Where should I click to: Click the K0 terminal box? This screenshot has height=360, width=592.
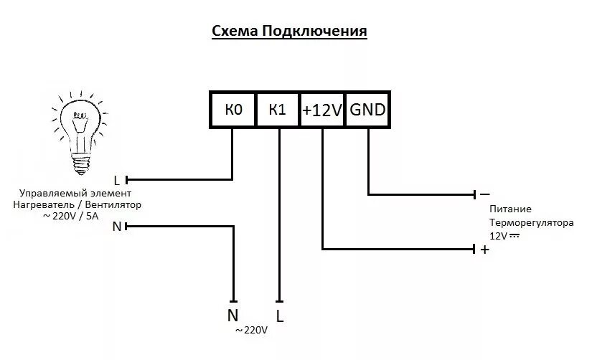pyautogui.click(x=233, y=110)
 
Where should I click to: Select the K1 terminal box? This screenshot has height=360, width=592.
pyautogui.click(x=278, y=110)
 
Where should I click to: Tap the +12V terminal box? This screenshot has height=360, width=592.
pyautogui.click(x=322, y=110)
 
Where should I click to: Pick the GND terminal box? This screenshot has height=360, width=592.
pyautogui.click(x=367, y=110)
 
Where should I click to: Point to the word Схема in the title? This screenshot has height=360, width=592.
pyautogui.click(x=234, y=32)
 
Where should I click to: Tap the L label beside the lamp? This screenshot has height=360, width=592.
pyautogui.click(x=117, y=179)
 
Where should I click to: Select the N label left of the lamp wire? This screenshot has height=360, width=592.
pyautogui.click(x=117, y=227)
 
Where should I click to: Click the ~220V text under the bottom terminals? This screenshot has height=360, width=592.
pyautogui.click(x=251, y=331)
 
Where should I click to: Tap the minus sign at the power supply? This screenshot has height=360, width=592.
pyautogui.click(x=484, y=194)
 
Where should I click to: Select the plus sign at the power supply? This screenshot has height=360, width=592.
pyautogui.click(x=484, y=250)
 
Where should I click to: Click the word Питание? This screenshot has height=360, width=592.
pyautogui.click(x=511, y=209)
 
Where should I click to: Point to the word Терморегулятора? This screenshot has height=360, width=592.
pyautogui.click(x=527, y=222)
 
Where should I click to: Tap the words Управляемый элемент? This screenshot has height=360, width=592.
pyautogui.click(x=75, y=194)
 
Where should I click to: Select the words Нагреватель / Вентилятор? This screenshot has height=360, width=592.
pyautogui.click(x=77, y=204)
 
